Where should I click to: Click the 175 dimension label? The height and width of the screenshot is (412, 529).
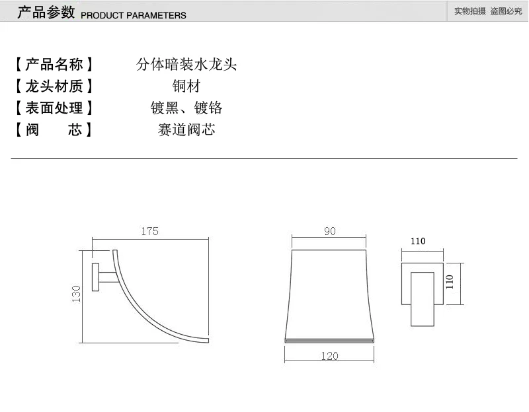150,231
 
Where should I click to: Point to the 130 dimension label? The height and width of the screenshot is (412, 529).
77,294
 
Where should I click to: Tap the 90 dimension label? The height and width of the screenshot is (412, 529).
330,231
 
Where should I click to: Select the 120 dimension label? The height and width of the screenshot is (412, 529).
329,356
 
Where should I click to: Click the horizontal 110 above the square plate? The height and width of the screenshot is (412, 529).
418,241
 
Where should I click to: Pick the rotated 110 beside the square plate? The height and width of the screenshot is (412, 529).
450,282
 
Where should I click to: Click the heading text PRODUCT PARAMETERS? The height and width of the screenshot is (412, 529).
134,15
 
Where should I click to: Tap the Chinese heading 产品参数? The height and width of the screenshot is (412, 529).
46,13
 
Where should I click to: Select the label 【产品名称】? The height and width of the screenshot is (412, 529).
54,64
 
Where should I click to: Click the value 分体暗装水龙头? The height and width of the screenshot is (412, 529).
186,64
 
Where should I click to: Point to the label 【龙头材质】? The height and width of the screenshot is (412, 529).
54,86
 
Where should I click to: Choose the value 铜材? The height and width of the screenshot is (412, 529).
186,86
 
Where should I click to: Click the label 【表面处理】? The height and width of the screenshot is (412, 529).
54,108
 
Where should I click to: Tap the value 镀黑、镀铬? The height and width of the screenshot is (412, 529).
186,108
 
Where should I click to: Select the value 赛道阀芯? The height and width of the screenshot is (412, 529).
186,129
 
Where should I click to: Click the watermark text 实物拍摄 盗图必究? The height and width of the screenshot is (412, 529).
488,11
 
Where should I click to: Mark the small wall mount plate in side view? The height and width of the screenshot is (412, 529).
95,277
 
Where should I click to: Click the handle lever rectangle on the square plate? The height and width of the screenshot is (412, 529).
423,299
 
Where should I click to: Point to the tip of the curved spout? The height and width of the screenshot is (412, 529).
208,340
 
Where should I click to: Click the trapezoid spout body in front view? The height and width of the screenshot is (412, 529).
329,294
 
